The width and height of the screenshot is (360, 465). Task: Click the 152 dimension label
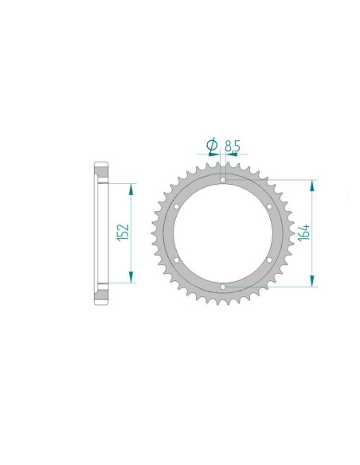tap(123, 232)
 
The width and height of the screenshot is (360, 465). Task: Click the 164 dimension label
tap(304, 232)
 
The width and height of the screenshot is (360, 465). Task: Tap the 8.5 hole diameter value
tap(233, 147)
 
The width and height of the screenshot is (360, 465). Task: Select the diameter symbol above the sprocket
tap(212, 145)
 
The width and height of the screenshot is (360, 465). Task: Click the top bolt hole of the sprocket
tap(223, 180)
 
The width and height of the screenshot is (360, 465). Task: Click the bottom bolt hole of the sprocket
tap(223, 287)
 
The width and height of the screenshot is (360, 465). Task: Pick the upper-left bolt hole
tap(177, 206)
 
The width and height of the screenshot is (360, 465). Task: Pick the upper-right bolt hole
tap(269, 206)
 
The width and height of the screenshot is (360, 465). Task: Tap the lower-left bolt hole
tap(177, 260)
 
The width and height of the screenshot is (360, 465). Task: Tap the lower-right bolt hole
tap(269, 260)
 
